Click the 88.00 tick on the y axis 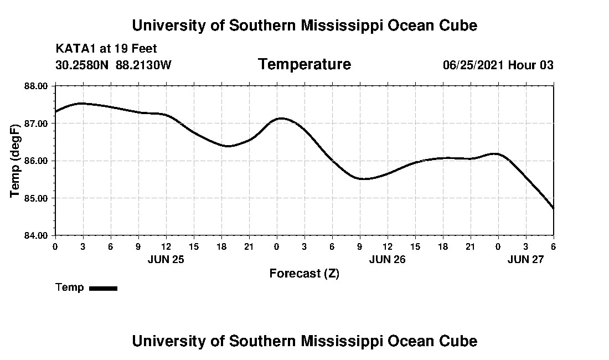tap(37, 86)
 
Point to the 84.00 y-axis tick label tap(37, 235)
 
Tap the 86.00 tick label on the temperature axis tap(37, 161)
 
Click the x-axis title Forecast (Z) tap(304, 273)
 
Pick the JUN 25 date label tap(166, 259)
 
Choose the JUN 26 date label tap(387, 259)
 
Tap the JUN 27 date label tap(525, 259)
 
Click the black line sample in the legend tap(103, 288)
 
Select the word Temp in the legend tap(70, 287)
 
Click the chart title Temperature tap(304, 65)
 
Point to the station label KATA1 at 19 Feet tap(106, 49)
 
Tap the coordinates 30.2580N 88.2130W tap(113, 65)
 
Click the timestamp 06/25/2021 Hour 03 tap(498, 65)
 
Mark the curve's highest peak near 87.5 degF tap(81, 103)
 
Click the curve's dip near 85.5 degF tap(364, 179)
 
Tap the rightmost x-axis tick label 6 tap(553, 246)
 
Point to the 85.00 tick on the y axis tap(37, 198)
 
